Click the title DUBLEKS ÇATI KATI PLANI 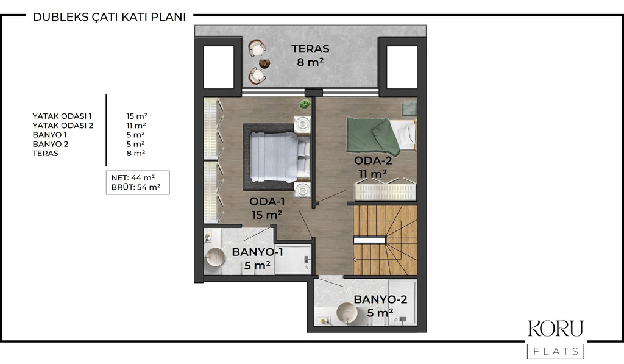(110, 16)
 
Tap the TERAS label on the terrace (310, 49)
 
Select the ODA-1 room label (267, 202)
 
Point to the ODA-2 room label (373, 160)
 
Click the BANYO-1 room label (258, 252)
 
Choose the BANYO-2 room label (380, 299)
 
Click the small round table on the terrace (264, 63)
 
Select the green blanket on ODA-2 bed (373, 136)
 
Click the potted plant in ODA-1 (305, 104)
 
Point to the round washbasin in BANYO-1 (216, 258)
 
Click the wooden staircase (385, 240)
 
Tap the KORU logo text (556, 329)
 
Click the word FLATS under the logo (556, 351)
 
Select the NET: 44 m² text (133, 178)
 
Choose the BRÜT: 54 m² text (136, 187)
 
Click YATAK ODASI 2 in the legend (63, 126)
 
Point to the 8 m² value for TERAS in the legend (136, 153)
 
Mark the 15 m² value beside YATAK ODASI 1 (137, 116)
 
